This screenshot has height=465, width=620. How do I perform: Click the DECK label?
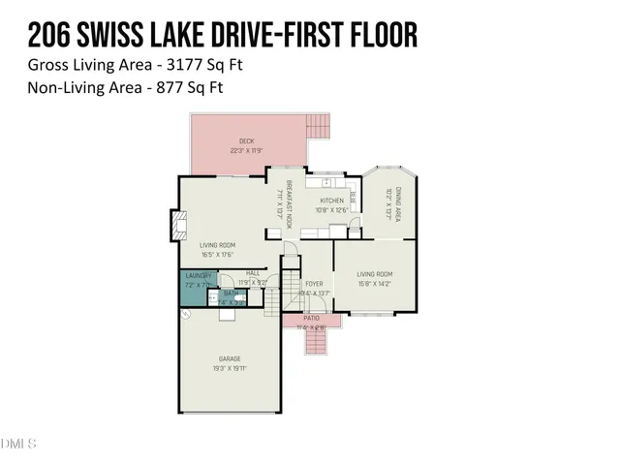247,141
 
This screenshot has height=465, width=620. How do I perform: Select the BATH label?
231,293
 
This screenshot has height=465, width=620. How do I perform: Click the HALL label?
253,273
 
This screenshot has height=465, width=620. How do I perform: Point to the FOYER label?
314,284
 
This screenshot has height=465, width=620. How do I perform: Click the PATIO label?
311,318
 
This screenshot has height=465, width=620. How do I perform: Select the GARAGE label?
230,358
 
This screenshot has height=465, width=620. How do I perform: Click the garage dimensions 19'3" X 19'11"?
230,368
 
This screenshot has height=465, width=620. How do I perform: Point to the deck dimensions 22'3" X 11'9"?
247,151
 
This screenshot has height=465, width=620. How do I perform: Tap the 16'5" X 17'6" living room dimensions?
218,254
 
